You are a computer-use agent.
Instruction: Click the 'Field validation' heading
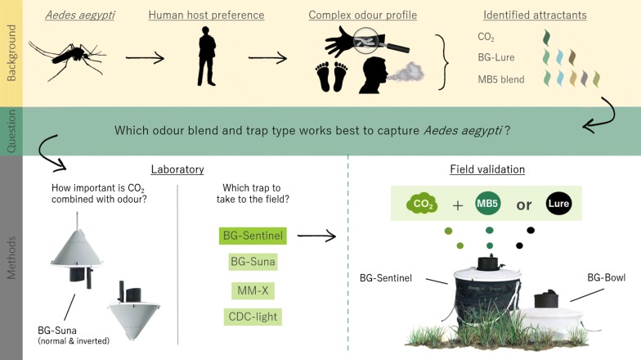tap(487, 169)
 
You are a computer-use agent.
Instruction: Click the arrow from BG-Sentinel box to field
tap(317, 236)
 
